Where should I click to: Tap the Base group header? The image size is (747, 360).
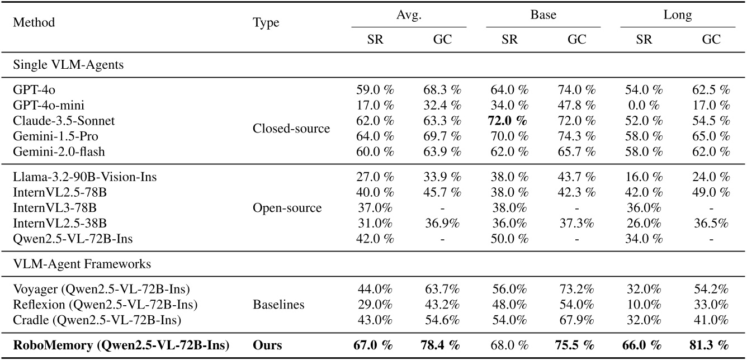[543, 15]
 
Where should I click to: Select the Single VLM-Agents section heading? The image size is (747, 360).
[68, 65]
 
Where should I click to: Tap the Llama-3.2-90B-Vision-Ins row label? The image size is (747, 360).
[84, 177]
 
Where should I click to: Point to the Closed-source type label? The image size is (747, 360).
[291, 128]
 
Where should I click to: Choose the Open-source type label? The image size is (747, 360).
[287, 208]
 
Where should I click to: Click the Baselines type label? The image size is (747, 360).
[278, 305]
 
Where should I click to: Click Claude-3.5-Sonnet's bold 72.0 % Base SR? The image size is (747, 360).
[509, 120]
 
